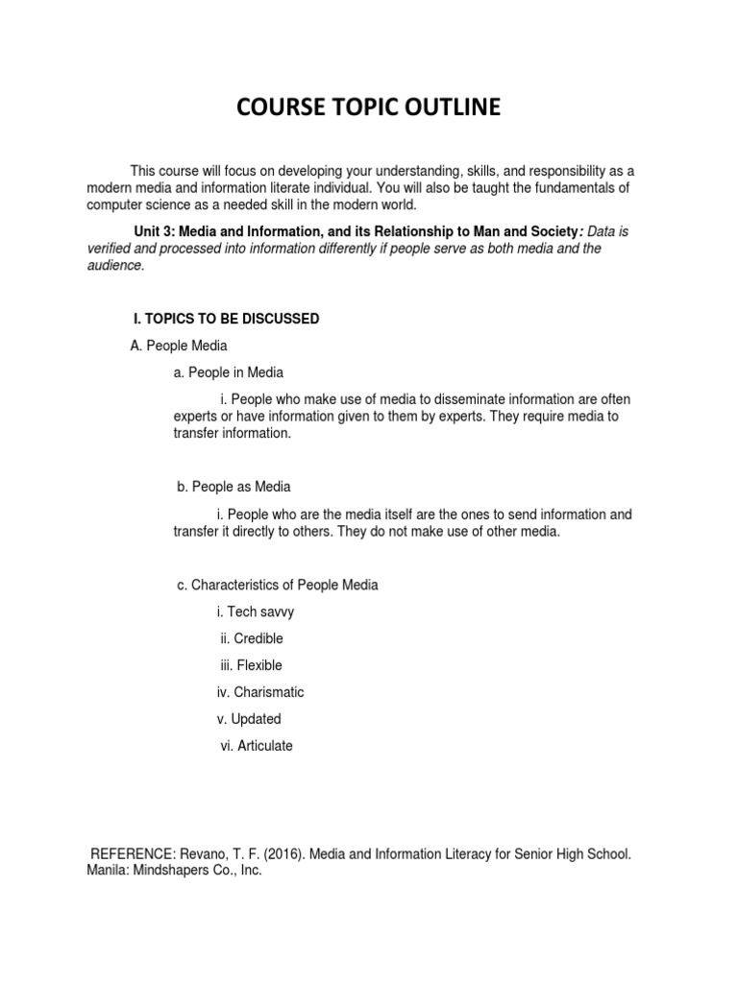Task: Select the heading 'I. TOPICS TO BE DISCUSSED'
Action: click(225, 319)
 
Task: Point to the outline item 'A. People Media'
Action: click(178, 346)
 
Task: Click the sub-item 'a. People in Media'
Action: click(228, 372)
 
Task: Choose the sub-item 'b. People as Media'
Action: click(234, 487)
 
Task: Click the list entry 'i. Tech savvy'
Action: click(255, 611)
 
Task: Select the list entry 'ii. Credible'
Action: click(252, 638)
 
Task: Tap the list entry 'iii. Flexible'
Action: click(252, 665)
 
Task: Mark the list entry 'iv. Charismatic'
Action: click(260, 692)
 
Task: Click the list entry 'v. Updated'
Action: click(250, 719)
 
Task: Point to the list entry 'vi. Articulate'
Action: click(257, 746)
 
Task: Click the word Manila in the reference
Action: click(107, 871)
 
